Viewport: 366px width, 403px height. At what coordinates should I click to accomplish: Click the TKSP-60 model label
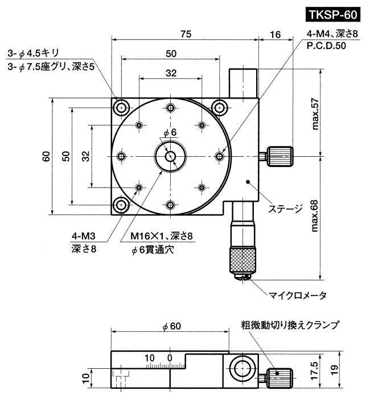(x=333, y=15)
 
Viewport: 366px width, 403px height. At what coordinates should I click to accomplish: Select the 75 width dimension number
(x=186, y=34)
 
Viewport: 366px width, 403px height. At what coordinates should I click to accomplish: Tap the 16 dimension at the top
(x=275, y=34)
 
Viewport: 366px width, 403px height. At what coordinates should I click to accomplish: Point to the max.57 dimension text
(x=315, y=114)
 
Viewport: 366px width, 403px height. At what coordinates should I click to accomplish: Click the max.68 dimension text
(x=315, y=216)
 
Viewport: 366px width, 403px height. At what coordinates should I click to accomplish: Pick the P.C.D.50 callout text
(x=326, y=46)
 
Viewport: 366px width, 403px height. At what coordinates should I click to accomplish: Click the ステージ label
(x=285, y=209)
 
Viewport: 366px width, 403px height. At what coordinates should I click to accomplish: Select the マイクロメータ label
(x=298, y=295)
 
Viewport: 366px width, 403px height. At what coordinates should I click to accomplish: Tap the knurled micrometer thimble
(x=242, y=259)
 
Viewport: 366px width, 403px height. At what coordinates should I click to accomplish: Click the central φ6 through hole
(x=170, y=156)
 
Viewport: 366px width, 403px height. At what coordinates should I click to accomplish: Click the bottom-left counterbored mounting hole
(x=121, y=205)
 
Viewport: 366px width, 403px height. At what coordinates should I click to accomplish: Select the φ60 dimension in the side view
(x=171, y=326)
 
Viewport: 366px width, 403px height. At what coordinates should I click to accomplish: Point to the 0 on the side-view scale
(x=170, y=357)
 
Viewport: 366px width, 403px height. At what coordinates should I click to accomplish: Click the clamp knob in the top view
(x=279, y=156)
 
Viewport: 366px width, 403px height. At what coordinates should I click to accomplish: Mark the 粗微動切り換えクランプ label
(x=290, y=325)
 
